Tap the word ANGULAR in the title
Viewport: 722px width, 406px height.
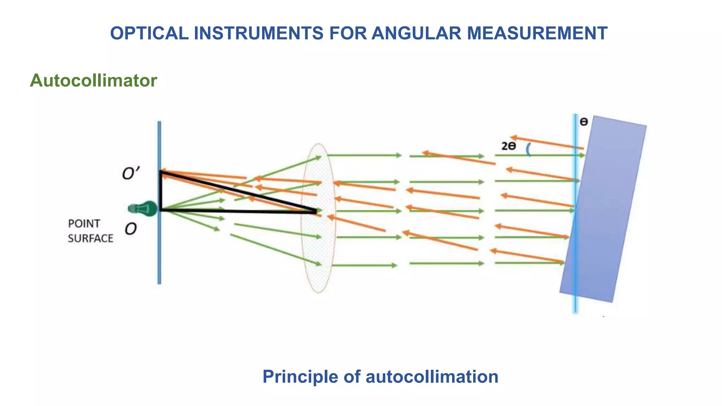click(x=416, y=33)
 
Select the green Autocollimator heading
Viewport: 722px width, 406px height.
click(x=93, y=81)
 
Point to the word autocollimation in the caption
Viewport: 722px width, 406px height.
click(x=432, y=376)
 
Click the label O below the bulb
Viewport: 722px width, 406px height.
click(x=130, y=229)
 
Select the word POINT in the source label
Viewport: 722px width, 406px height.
click(x=84, y=224)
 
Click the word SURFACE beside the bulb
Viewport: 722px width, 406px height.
click(x=91, y=239)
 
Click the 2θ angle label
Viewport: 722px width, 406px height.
click(x=509, y=146)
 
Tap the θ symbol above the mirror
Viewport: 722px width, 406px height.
click(x=584, y=122)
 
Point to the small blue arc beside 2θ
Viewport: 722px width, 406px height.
click(x=528, y=150)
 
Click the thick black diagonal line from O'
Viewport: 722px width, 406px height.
click(x=240, y=192)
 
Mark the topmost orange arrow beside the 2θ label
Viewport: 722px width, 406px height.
click(x=546, y=142)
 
